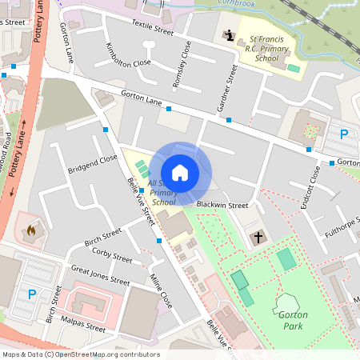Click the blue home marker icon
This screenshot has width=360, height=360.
(180, 172)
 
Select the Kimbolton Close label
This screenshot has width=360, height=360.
(129, 61)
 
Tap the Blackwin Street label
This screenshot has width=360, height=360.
(222, 206)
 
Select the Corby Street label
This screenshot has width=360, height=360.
(112, 255)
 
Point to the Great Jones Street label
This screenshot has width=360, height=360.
(100, 276)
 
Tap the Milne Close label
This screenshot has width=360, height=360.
(161, 290)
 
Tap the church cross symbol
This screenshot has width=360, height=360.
(258, 237)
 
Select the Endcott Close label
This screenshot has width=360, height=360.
(303, 186)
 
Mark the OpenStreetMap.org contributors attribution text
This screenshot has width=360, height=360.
(107, 354)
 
